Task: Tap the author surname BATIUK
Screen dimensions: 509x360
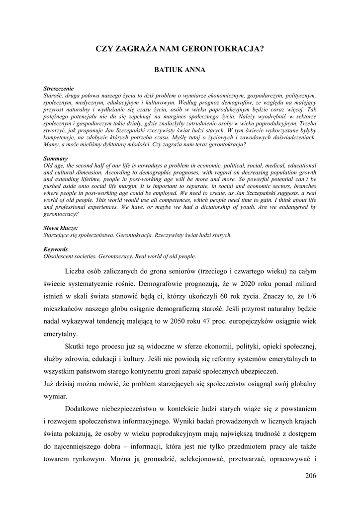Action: (x=169, y=70)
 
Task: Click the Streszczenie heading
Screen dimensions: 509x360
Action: (x=59, y=88)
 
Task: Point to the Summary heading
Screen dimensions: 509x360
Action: (x=55, y=158)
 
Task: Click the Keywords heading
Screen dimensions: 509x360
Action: (x=56, y=249)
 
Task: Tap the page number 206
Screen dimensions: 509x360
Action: (x=310, y=475)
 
